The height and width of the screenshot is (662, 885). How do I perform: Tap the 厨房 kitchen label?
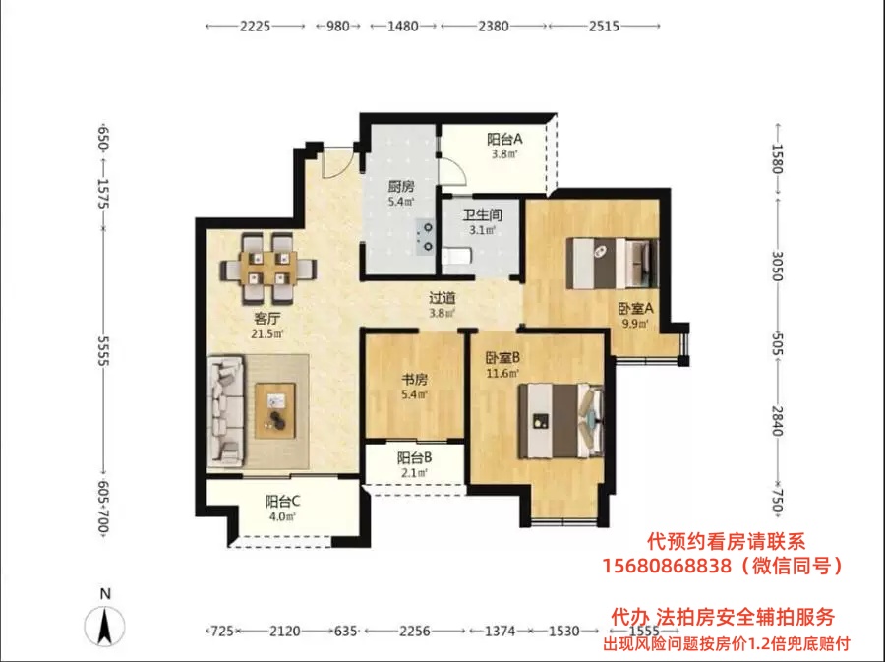pyautogui.click(x=401, y=186)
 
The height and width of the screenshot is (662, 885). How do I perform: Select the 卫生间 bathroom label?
pyautogui.click(x=483, y=215)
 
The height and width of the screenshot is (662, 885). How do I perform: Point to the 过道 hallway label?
pyautogui.click(x=442, y=297)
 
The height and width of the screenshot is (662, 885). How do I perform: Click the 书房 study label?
pyautogui.click(x=414, y=380)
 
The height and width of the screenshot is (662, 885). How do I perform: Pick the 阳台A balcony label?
pyautogui.click(x=504, y=139)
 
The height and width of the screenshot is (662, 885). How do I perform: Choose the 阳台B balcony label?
pyautogui.click(x=414, y=457)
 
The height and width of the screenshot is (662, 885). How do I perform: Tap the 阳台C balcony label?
pyautogui.click(x=282, y=501)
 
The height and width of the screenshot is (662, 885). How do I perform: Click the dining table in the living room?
pyautogui.click(x=268, y=269)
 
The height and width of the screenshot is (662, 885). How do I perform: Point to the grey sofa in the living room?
pyautogui.click(x=225, y=411)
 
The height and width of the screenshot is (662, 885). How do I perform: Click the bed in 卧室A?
pyautogui.click(x=613, y=263)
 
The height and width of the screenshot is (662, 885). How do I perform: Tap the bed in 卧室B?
pyautogui.click(x=561, y=421)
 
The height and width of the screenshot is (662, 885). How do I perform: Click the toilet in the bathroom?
pyautogui.click(x=456, y=257)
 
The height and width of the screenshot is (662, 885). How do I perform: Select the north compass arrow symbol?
pyautogui.click(x=104, y=627)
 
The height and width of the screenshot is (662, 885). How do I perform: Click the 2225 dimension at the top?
pyautogui.click(x=255, y=26)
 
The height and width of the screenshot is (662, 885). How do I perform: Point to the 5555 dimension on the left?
pyautogui.click(x=103, y=351)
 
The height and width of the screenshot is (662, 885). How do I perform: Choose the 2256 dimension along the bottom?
pyautogui.click(x=415, y=631)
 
